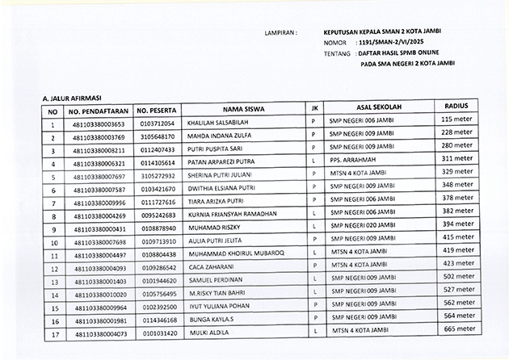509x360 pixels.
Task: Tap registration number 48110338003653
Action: [x=99, y=124]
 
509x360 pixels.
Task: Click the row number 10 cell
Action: [x=53, y=241]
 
